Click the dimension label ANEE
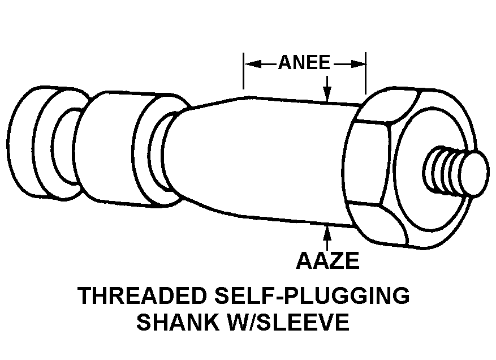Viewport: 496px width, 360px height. click(304, 63)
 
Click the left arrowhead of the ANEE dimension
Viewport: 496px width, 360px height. click(250, 63)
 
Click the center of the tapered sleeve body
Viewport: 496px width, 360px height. click(266, 158)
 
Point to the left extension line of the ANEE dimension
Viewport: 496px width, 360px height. click(244, 71)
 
